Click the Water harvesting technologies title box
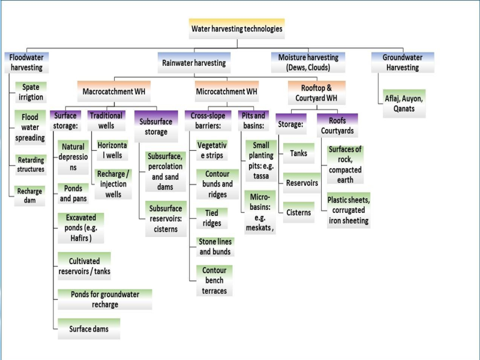pyautogui.click(x=236, y=28)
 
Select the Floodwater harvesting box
pyautogui.click(x=26, y=62)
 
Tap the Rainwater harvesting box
pyautogui.click(x=194, y=62)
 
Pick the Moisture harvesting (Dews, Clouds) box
pyautogui.click(x=308, y=62)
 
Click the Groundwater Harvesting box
pyautogui.click(x=401, y=62)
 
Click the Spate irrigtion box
pyautogui.click(x=30, y=92)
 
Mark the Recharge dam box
pyautogui.click(x=30, y=196)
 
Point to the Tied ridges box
pyautogui.click(x=212, y=218)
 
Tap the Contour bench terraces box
pyautogui.click(x=214, y=280)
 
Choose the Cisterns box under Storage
pyautogui.click(x=298, y=212)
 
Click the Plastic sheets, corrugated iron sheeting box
pyautogui.click(x=348, y=210)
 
